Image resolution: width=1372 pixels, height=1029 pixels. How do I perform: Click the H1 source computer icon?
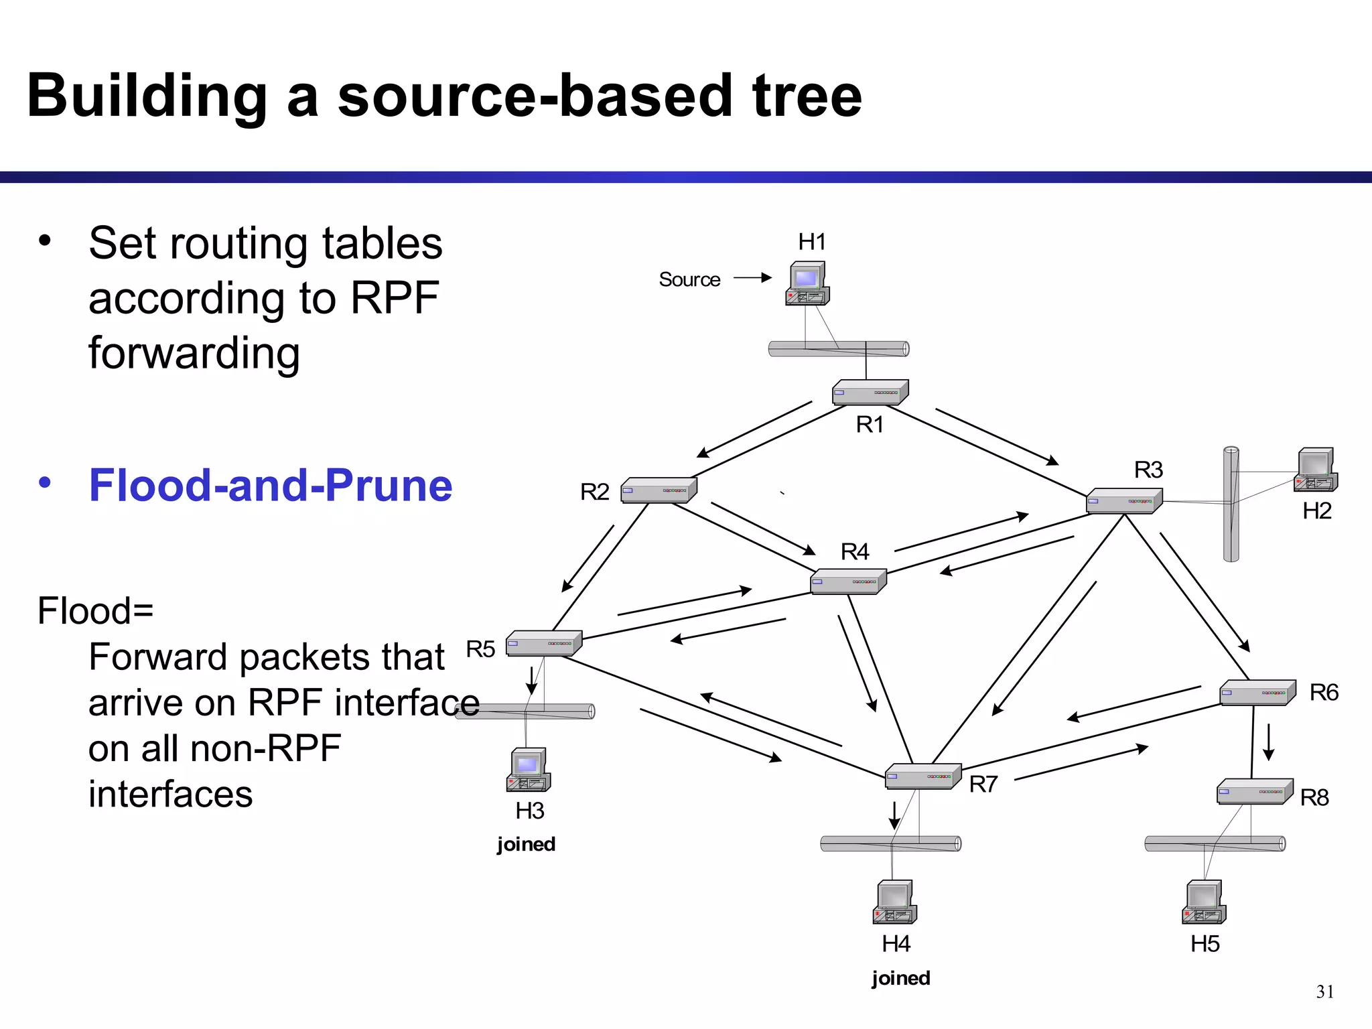807,283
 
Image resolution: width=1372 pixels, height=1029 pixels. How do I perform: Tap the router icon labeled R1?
870,393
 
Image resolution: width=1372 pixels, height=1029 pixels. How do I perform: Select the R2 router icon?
659,490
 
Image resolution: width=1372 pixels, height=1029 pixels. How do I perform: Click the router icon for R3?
1123,501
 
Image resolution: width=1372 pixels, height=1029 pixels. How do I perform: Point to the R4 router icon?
848,581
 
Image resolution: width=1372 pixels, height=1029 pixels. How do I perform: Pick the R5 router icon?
543,643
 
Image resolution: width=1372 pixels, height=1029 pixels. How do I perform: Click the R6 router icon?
1256,693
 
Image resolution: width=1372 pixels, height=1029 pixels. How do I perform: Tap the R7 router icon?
922,776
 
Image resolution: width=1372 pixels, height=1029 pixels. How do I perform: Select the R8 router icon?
1254,792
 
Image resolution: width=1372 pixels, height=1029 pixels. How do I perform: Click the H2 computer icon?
1316,470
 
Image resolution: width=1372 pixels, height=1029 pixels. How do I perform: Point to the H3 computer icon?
528,770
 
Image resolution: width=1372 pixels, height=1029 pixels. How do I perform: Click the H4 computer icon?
894,902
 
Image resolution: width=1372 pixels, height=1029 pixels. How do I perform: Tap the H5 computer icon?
1204,902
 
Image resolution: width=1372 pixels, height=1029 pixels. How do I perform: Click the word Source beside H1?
689,279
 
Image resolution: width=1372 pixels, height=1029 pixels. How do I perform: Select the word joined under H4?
900,978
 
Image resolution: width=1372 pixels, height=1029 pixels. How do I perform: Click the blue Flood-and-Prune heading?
271,485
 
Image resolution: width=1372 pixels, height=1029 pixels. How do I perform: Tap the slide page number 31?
1324,991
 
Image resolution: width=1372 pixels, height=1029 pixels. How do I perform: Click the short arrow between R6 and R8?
1268,742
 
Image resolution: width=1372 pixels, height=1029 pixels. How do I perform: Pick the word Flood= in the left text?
95,611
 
